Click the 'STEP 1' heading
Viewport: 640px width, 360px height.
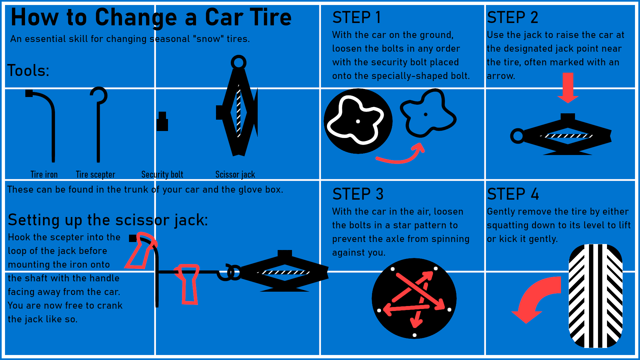(x=356, y=17)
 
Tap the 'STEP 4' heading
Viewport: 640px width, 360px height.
(x=513, y=194)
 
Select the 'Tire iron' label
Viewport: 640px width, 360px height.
(x=44, y=174)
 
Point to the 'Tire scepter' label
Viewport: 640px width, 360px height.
(x=95, y=174)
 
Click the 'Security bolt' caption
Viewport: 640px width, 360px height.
(x=162, y=174)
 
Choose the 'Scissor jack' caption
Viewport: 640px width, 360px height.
(x=235, y=174)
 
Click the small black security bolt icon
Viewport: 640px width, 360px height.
(x=162, y=122)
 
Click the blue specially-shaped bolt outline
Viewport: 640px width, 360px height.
(x=427, y=114)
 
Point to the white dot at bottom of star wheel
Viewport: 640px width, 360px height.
(x=414, y=335)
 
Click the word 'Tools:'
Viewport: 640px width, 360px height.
(x=28, y=71)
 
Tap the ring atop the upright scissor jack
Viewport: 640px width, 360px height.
(x=238, y=62)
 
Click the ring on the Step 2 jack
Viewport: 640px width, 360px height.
(x=518, y=136)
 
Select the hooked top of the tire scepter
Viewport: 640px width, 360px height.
(x=99, y=95)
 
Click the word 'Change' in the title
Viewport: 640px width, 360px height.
(x=136, y=17)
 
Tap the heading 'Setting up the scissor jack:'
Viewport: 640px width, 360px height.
(x=108, y=220)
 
